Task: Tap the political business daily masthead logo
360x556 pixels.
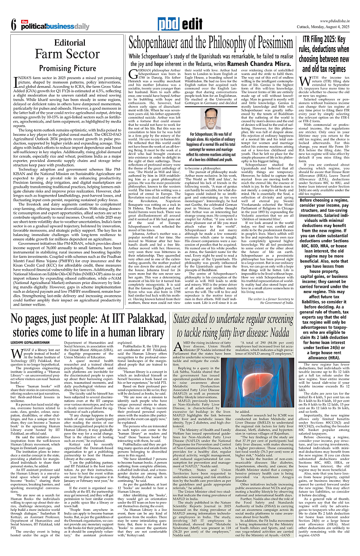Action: (x=53, y=26)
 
